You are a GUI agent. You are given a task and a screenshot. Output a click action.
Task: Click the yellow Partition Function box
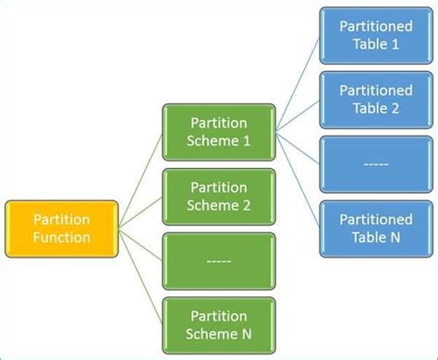point(61,228)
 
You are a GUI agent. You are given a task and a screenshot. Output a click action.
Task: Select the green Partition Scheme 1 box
point(219,132)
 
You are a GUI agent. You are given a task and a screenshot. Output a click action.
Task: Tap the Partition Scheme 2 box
point(219,196)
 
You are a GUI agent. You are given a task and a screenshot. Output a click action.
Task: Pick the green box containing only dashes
point(219,260)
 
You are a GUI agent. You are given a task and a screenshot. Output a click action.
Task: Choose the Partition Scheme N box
point(219,324)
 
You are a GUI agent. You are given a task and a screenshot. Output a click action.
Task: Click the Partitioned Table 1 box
point(376,36)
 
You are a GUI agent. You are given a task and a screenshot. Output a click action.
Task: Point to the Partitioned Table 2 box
point(376,100)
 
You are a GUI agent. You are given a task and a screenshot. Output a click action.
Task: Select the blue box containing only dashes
point(376,164)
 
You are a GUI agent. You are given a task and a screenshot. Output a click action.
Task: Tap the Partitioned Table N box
point(376,228)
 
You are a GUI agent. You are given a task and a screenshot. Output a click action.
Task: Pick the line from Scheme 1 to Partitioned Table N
point(298,179)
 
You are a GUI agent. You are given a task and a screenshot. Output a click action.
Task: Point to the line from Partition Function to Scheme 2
point(140,212)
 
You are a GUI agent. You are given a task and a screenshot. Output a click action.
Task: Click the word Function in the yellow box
point(61,237)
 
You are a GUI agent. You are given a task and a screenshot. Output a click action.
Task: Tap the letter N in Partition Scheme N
point(247,333)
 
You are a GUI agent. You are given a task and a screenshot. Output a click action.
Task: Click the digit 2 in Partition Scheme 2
point(247,205)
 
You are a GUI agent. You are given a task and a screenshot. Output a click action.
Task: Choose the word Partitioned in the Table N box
point(376,219)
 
